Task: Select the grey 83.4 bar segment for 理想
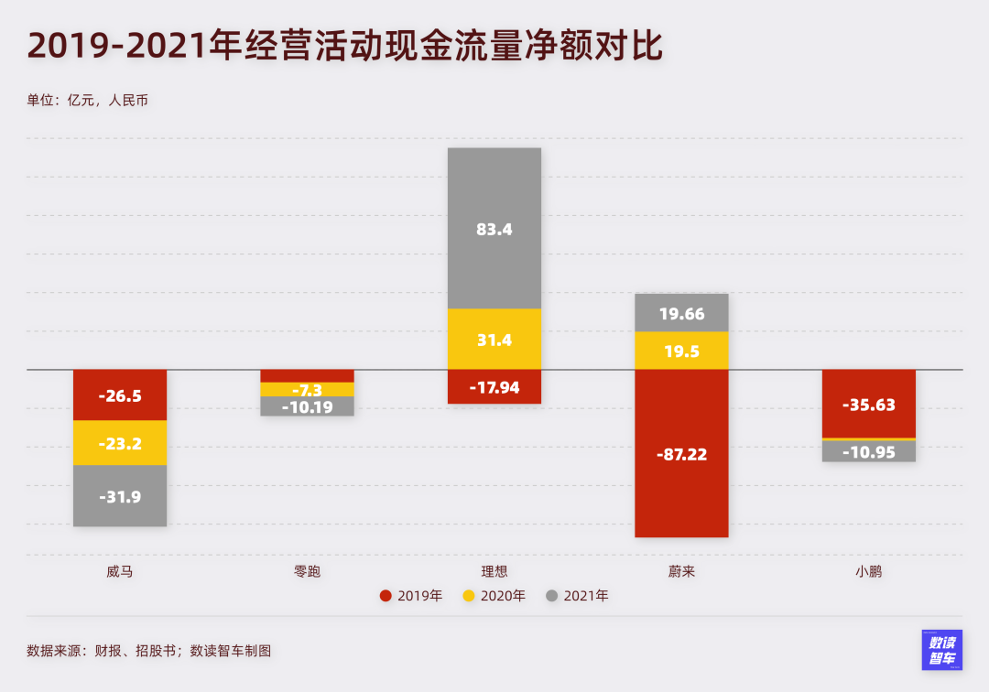[494, 229]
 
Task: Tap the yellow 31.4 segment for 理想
[494, 340]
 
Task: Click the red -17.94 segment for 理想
[494, 387]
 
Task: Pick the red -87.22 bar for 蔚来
[681, 454]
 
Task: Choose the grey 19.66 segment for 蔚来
[681, 313]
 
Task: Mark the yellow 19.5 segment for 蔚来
[681, 351]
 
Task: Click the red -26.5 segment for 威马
[120, 395]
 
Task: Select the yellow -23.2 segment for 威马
[120, 443]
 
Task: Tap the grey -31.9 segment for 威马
[120, 496]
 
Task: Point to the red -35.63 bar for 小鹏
[869, 404]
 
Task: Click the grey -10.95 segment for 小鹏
[869, 451]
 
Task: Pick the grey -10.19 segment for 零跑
[308, 406]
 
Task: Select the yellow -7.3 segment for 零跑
[308, 390]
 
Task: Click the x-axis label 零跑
[308, 572]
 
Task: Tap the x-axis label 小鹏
[869, 572]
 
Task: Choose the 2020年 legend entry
[494, 596]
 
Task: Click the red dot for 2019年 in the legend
[386, 596]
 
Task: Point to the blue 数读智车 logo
[941, 650]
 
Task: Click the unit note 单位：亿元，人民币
[87, 100]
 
